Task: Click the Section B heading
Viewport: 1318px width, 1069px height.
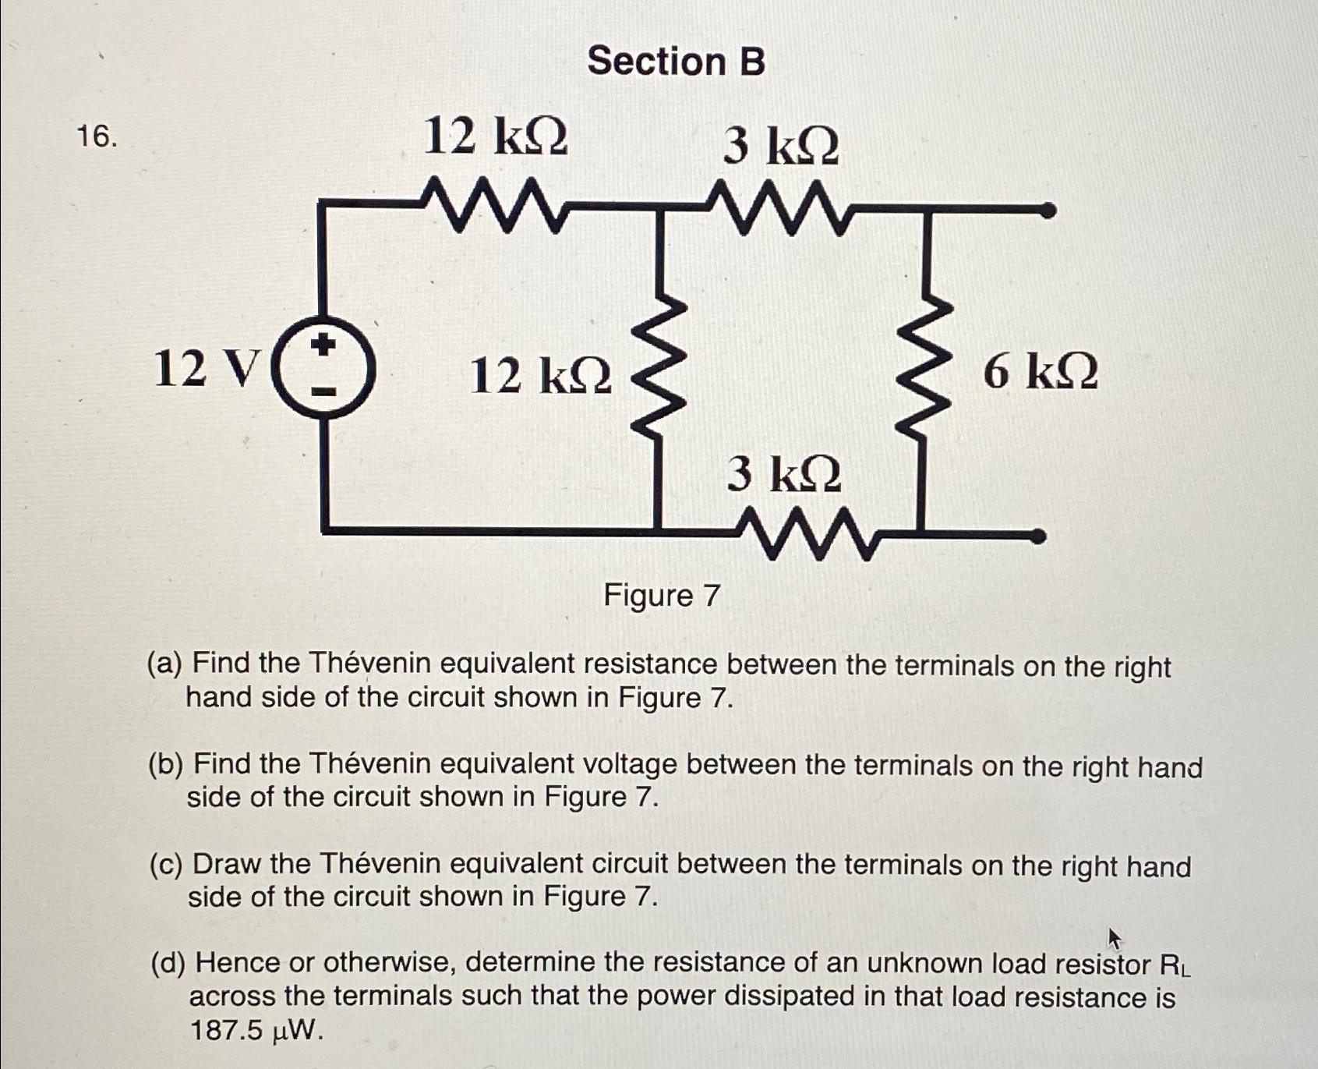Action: (x=676, y=61)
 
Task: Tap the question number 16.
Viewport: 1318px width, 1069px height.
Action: (x=97, y=136)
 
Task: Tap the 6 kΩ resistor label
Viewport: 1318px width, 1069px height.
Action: (x=1040, y=371)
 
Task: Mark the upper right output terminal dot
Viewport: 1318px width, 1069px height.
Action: (x=1049, y=211)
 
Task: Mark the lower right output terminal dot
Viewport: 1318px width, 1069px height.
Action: (x=1038, y=536)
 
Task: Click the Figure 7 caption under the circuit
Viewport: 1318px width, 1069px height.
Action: (x=661, y=596)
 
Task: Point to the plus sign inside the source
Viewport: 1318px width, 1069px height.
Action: (x=324, y=344)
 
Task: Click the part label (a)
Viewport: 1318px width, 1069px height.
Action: (x=164, y=664)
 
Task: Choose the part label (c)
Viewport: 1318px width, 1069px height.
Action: (x=165, y=864)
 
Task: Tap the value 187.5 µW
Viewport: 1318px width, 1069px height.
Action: (x=256, y=1031)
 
